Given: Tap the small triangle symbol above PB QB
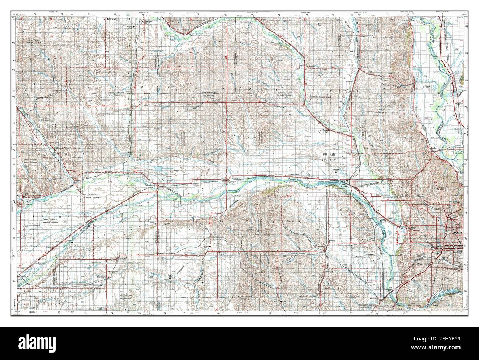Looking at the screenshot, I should (x=321, y=131).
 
